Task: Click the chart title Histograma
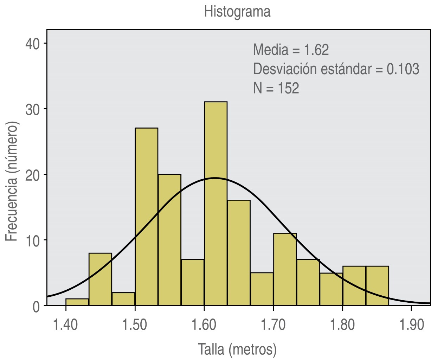237,12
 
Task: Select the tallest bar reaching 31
215,204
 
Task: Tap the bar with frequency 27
146,217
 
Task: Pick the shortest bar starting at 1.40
77,302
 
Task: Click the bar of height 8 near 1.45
100,279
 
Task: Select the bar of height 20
169,240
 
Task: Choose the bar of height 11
285,269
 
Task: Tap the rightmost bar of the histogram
377,285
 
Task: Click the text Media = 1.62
291,50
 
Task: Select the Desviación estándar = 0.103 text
336,69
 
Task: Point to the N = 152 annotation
276,88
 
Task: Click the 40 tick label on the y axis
33,43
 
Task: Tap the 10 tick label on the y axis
33,240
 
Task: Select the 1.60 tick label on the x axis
204,325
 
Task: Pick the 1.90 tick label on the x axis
411,325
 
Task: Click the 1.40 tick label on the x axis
66,325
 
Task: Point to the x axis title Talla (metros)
237,349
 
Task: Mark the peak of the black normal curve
215,178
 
